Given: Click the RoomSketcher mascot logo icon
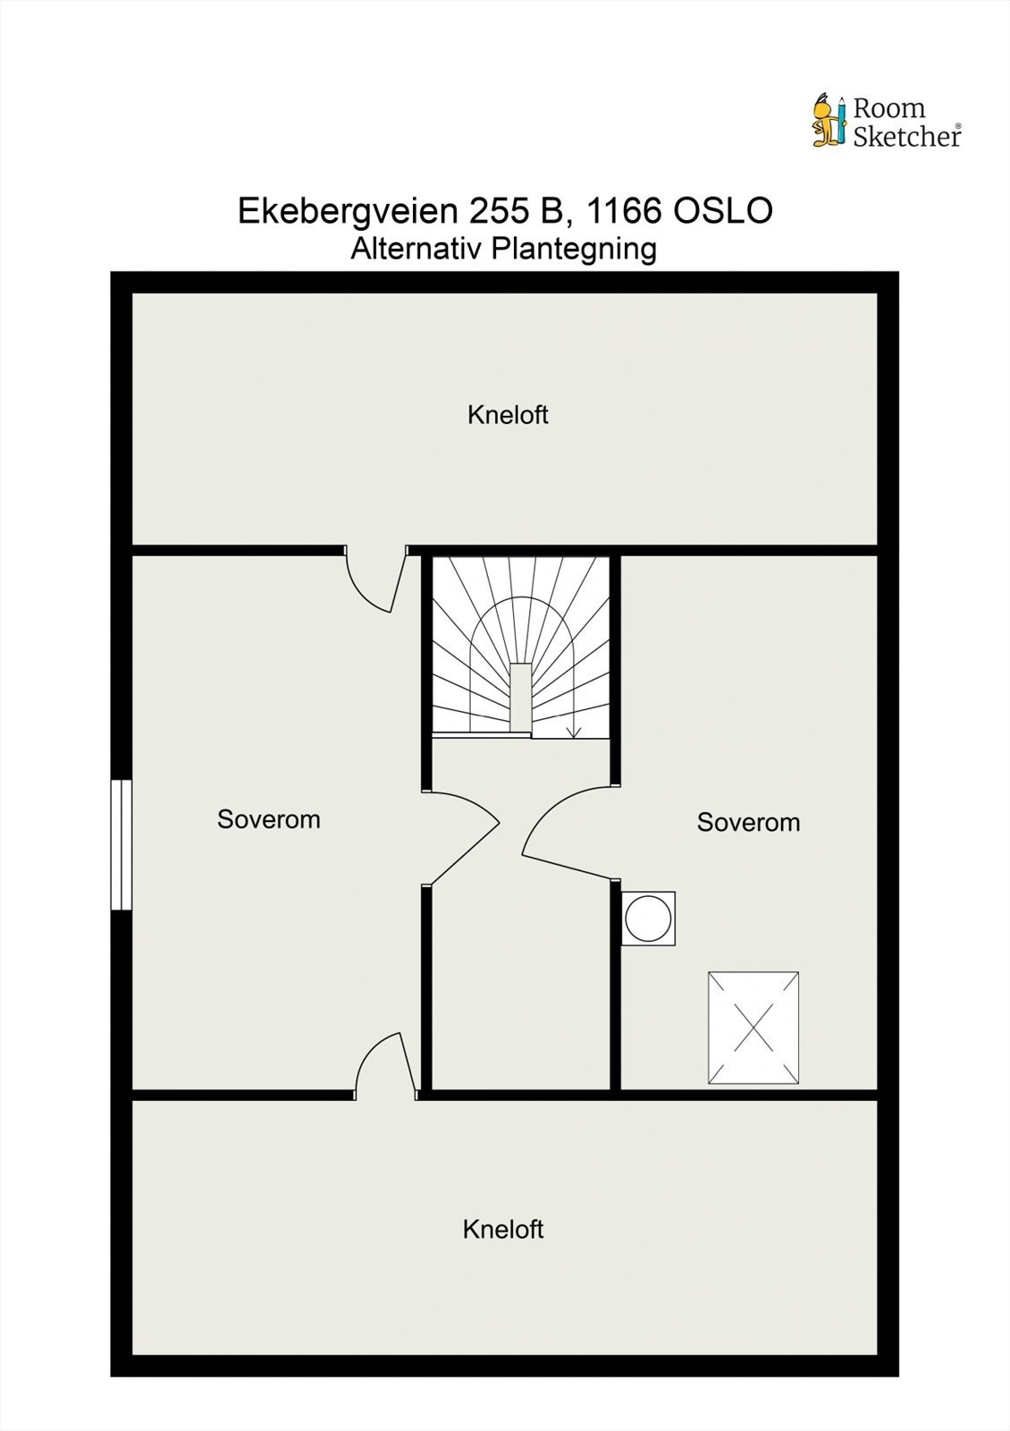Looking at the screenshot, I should (828, 120).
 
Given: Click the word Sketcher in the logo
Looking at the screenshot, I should (905, 136).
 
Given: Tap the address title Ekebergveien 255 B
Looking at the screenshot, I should (401, 211).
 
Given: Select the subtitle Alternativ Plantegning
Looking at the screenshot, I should (503, 249).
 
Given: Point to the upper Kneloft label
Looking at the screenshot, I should (508, 415).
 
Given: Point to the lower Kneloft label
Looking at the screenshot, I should (503, 1230).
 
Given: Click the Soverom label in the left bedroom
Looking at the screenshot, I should (268, 819).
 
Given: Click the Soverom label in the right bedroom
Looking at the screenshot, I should (748, 822).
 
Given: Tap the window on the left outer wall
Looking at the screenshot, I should (121, 844).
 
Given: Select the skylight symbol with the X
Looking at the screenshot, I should (753, 1029).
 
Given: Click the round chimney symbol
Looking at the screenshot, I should (648, 918).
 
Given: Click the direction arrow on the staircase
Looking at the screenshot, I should (573, 728).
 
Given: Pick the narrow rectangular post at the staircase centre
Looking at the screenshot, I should (521, 698).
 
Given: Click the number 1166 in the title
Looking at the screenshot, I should (620, 211).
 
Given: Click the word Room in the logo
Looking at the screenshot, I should (888, 108).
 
